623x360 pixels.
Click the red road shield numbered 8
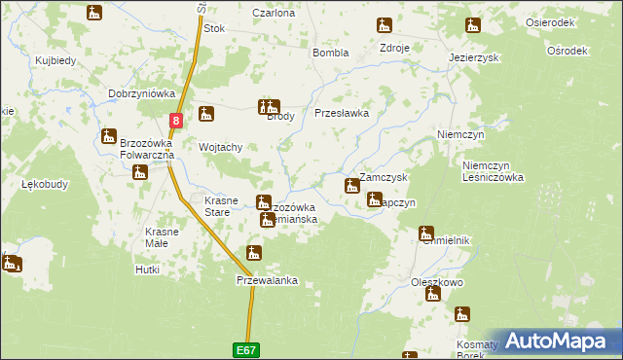coord(175,121)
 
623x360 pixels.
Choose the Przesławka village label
coord(342,113)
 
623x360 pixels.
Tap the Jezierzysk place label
coord(474,57)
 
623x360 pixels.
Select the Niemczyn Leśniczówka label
coord(494,171)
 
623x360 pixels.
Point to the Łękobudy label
coord(43,184)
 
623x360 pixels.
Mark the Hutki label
coord(148,270)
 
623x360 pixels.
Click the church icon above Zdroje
coord(385,25)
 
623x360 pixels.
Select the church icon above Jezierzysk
coord(473,25)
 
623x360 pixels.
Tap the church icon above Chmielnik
coord(426,233)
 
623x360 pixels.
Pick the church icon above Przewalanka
coord(253,254)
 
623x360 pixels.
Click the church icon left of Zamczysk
coord(351,185)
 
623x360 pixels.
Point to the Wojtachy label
coord(220,147)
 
